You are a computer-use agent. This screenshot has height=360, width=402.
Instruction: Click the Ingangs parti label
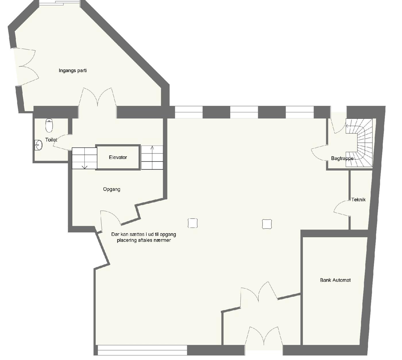click(73, 70)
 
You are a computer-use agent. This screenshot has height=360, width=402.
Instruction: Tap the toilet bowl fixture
click(49, 126)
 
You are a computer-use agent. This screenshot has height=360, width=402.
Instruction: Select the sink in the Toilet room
click(38, 145)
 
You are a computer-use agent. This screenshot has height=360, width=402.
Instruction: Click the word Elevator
click(118, 157)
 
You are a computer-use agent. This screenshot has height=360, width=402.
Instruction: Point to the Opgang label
click(111, 189)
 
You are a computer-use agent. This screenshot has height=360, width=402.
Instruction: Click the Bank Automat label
click(335, 280)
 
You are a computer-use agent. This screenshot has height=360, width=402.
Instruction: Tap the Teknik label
click(358, 200)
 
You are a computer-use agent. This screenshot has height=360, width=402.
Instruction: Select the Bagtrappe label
click(342, 159)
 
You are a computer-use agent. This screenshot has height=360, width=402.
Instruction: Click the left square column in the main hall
click(192, 223)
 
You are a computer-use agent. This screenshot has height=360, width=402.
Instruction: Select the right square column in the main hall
click(267, 224)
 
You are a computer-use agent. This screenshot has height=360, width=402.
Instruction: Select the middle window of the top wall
click(244, 112)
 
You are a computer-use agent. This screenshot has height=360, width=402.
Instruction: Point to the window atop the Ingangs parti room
click(59, 3)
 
